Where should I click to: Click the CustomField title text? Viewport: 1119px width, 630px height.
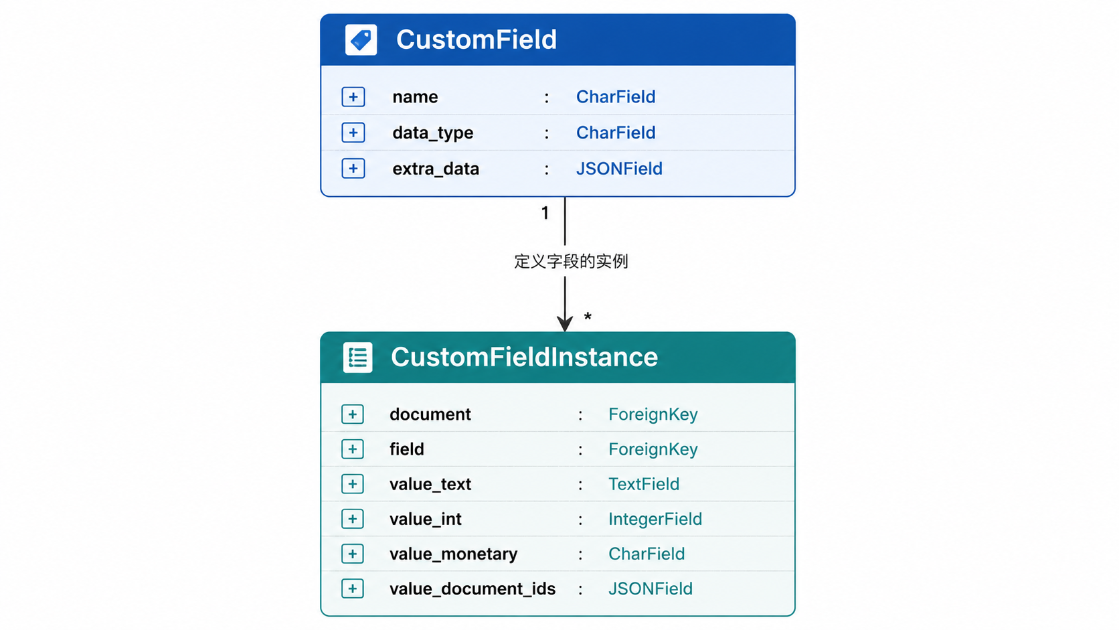[476, 40]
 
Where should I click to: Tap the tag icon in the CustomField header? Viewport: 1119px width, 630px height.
[361, 40]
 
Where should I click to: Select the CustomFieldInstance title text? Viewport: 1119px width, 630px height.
[524, 358]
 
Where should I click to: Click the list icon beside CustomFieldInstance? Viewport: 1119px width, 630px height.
[357, 358]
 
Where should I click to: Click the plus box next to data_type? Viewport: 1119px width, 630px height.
[353, 133]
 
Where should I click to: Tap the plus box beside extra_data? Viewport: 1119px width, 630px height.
[353, 168]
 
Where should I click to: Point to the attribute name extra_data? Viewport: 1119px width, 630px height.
[436, 169]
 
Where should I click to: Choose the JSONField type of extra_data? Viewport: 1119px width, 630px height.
[619, 168]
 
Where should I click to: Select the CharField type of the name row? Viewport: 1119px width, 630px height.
[616, 96]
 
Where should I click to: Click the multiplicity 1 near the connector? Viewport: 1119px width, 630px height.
[545, 214]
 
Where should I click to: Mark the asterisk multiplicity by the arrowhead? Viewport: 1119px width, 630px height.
[588, 316]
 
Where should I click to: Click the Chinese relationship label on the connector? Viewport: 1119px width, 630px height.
[571, 261]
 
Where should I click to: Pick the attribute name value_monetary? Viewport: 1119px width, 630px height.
[454, 554]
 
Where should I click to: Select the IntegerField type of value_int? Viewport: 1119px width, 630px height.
[655, 519]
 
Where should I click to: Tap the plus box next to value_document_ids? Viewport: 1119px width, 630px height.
[352, 588]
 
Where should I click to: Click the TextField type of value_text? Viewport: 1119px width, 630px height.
[643, 483]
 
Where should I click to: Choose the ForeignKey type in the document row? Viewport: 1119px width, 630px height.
[653, 414]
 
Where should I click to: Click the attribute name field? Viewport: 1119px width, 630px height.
[407, 449]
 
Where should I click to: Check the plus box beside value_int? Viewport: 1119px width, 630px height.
[352, 519]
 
